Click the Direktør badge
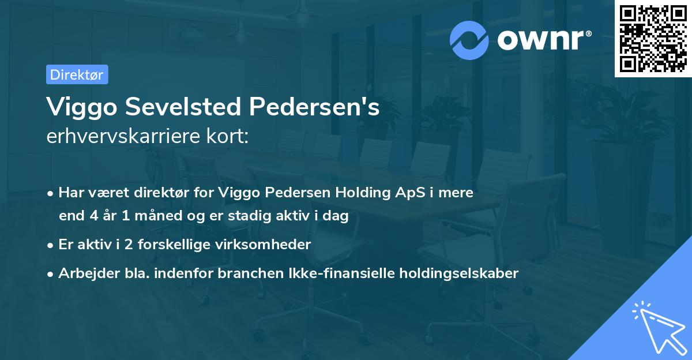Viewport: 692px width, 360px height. [77, 74]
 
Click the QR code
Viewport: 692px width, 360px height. [652, 38]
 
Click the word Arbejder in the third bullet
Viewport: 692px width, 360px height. [83, 273]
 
